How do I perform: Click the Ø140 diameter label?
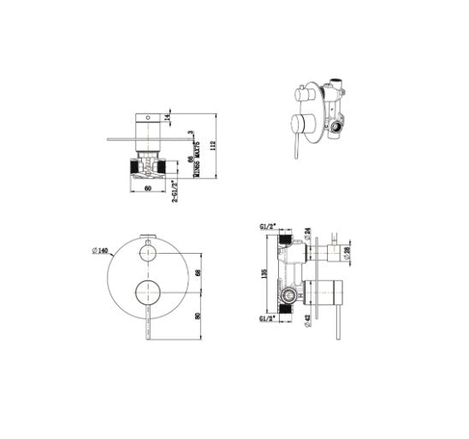(101, 250)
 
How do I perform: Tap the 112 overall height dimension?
(214, 146)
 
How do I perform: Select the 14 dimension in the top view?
(169, 118)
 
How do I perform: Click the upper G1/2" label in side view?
(267, 226)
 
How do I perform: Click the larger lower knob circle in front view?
(148, 292)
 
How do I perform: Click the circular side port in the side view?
(288, 298)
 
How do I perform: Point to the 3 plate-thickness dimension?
(189, 132)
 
